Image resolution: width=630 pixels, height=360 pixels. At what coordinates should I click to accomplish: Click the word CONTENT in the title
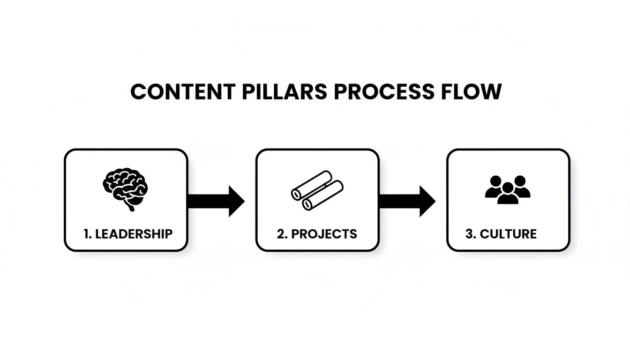pos(183,92)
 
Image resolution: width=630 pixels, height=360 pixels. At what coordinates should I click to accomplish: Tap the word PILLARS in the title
pos(285,92)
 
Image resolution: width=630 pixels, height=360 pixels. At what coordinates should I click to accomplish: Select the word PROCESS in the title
pos(383,92)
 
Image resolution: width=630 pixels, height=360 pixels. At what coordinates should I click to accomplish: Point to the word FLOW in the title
pos(472,92)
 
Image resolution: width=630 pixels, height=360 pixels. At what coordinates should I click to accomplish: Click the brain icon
pos(126,189)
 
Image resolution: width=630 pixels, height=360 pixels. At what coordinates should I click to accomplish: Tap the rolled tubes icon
pos(317,190)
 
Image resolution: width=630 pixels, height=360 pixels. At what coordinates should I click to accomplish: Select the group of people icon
pos(508,189)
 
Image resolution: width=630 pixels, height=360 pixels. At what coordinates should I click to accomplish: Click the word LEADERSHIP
pos(134,234)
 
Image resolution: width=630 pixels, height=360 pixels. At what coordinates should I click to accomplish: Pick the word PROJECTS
pos(324,234)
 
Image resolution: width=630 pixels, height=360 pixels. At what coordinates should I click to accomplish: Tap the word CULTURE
pos(508,234)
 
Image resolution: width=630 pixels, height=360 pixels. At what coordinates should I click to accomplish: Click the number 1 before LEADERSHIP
pos(87,234)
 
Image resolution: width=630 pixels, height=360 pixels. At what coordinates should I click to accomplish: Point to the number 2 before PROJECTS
pos(281,234)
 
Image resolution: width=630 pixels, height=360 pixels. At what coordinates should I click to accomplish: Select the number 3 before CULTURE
pos(470,234)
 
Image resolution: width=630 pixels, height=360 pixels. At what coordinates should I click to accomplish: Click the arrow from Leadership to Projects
pos(216,201)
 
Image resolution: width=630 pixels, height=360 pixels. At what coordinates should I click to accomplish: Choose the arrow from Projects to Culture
pos(407,201)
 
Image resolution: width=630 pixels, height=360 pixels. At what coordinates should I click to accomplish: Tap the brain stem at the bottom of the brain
pos(131,208)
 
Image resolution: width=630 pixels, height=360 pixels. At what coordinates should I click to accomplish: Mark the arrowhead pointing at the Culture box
pos(427,201)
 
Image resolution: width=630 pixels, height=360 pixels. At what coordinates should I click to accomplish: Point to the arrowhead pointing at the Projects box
pos(237,201)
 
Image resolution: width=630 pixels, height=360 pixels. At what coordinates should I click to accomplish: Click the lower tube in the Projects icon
pos(323,195)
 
